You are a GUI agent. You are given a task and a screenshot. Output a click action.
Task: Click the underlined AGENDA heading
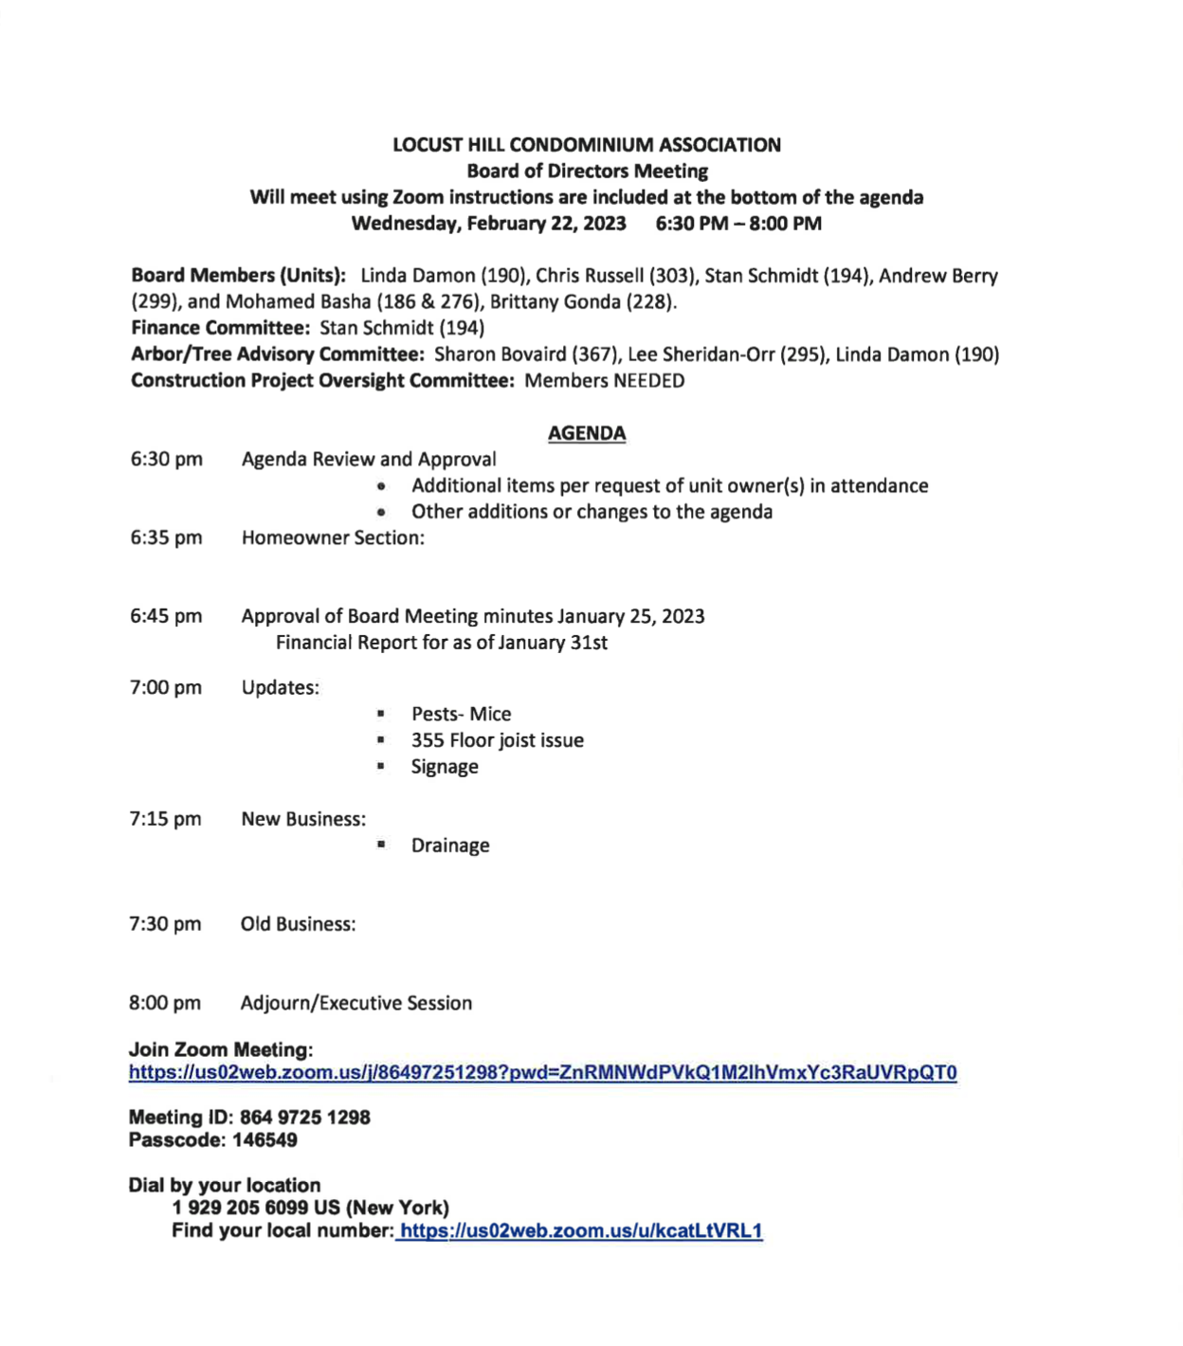[587, 433]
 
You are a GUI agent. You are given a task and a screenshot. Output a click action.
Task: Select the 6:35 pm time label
[166, 537]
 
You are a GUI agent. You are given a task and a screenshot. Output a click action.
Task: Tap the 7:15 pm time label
[165, 819]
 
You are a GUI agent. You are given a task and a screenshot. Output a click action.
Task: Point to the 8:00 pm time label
[165, 1003]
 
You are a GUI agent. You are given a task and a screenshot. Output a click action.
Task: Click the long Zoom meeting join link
[542, 1073]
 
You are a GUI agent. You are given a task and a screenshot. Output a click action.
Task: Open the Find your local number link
[580, 1231]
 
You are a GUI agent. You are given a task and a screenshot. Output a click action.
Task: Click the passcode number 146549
[264, 1140]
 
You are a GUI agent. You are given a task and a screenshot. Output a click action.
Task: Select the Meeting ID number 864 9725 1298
[304, 1118]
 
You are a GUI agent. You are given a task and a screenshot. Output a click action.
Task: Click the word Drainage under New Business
[450, 846]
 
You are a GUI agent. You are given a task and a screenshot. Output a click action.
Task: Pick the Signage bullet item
[445, 767]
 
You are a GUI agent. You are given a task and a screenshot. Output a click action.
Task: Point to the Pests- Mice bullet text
[461, 714]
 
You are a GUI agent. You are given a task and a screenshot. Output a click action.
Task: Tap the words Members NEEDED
[604, 381]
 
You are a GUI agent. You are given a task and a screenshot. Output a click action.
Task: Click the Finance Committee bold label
[221, 328]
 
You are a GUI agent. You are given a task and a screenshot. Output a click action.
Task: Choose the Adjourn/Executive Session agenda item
[355, 1003]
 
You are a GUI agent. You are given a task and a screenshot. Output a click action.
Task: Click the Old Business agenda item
[298, 924]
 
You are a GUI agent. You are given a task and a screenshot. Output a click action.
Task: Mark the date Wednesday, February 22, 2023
[488, 224]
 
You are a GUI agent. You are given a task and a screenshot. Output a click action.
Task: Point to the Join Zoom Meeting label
[221, 1050]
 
